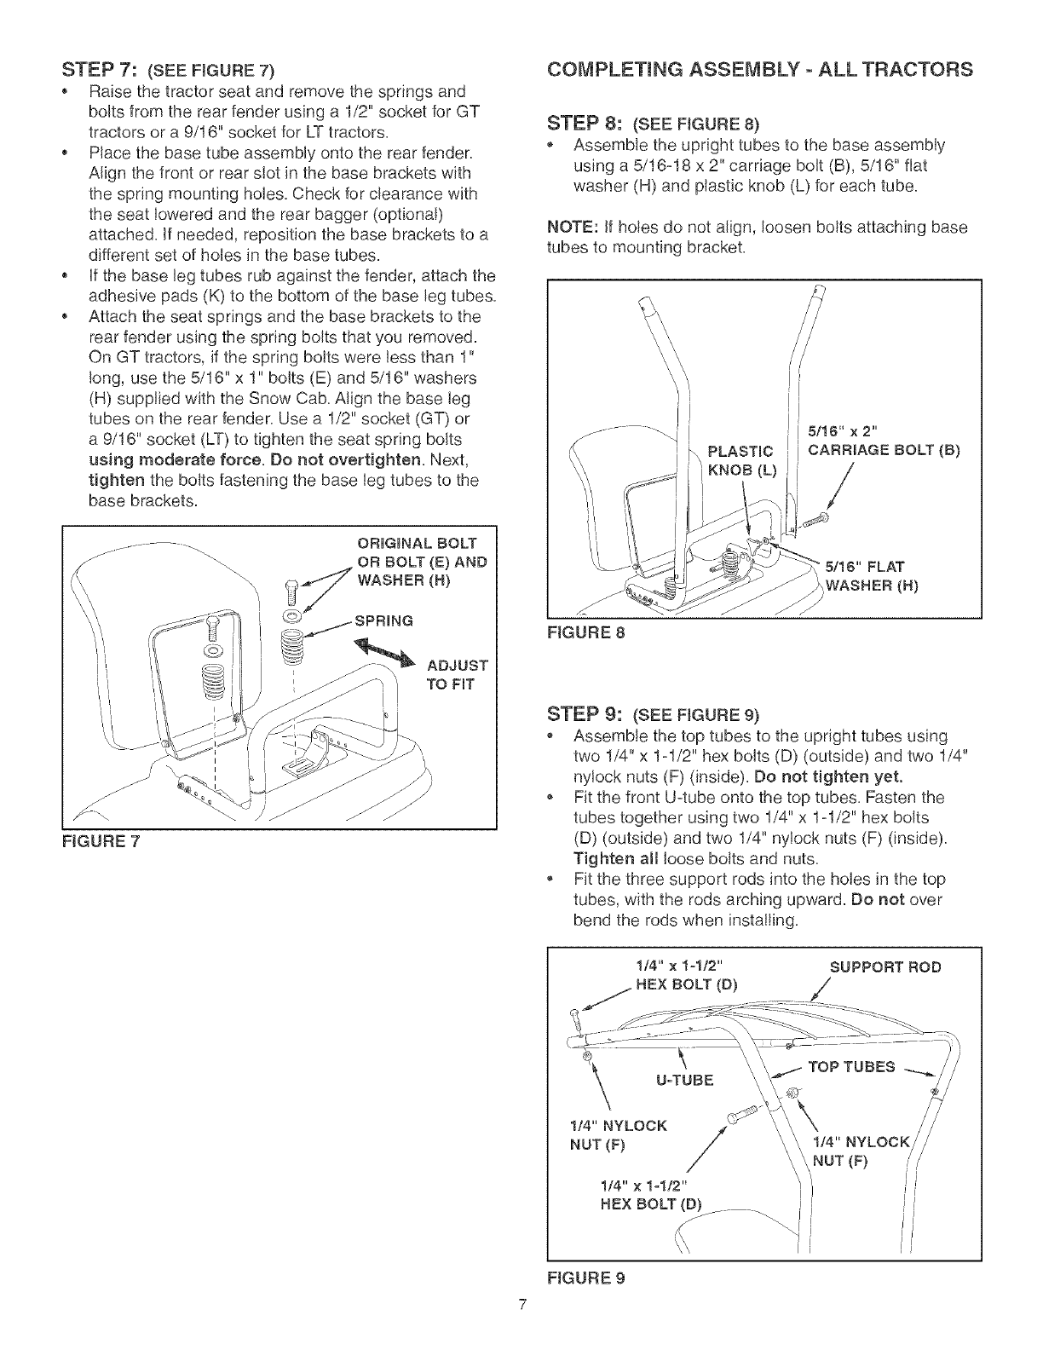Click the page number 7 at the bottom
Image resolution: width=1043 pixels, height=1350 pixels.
[521, 1329]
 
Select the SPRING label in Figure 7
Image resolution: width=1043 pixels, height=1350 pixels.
[383, 620]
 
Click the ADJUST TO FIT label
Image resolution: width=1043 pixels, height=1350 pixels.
[456, 675]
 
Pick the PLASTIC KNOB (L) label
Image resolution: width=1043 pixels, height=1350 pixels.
[741, 462]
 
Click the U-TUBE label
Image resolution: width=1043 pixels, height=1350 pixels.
[683, 1081]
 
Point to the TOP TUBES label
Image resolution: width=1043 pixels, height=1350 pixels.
[861, 1067]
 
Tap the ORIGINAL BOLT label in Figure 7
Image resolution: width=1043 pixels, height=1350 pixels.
[417, 544]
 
